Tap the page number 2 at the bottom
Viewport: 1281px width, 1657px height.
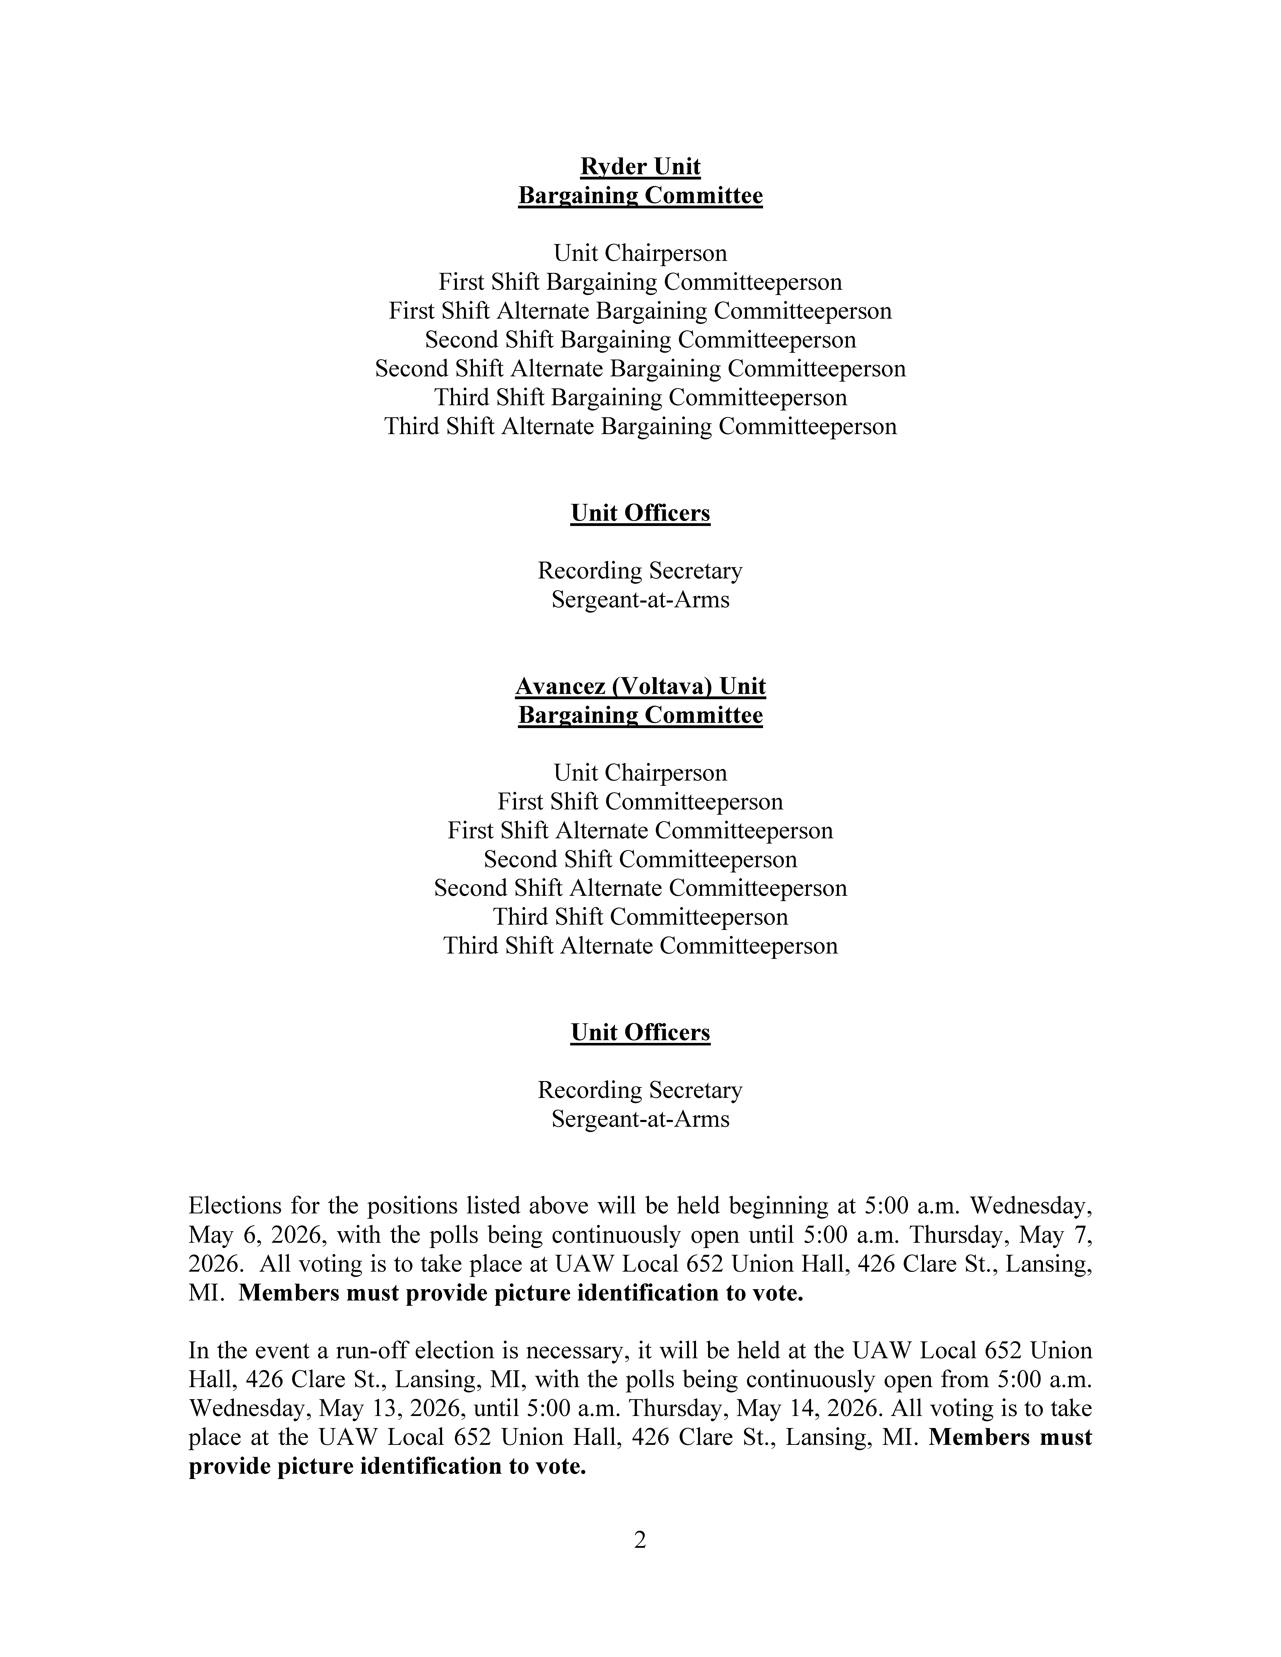640,1540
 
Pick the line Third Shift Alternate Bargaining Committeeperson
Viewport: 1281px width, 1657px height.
640,426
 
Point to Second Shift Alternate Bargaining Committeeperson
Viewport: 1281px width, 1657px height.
640,369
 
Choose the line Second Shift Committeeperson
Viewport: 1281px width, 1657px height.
640,860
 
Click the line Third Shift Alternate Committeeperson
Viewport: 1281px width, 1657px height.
640,946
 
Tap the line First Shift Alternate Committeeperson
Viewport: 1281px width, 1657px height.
640,831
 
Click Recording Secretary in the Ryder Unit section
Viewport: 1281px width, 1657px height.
640,571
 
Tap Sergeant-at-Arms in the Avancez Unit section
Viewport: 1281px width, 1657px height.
640,1119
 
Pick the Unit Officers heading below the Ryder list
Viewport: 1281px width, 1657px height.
640,514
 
